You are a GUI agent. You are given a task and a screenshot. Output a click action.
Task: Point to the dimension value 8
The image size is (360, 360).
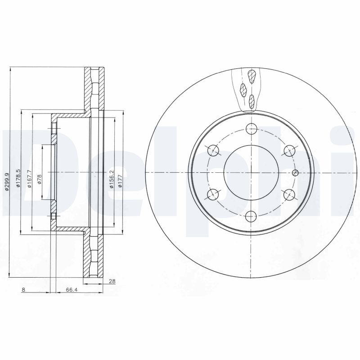click(23, 289)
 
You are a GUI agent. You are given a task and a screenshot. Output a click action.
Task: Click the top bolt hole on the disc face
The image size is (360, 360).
click(251, 129)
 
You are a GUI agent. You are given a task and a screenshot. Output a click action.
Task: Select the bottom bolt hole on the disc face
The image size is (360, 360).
click(251, 216)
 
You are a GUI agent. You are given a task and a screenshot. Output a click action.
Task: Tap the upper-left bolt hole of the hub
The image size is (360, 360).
click(213, 150)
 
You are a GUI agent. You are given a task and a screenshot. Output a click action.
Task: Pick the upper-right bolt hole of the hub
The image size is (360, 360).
click(289, 150)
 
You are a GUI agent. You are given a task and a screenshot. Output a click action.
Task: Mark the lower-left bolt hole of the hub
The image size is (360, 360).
click(213, 194)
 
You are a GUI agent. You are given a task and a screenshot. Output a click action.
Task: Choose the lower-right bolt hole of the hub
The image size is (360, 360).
click(289, 194)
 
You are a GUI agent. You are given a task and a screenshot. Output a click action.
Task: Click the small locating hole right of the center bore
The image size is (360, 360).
click(295, 173)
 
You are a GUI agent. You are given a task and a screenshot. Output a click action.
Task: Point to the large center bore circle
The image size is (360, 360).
click(251, 173)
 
